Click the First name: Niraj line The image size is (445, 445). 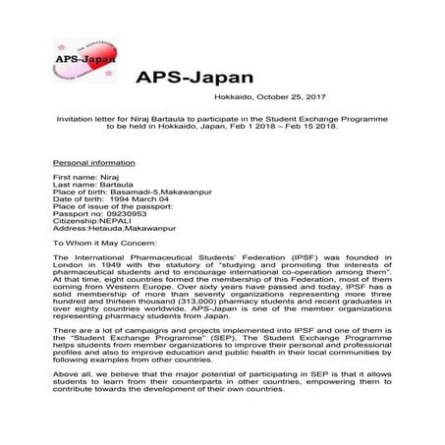[82, 178]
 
